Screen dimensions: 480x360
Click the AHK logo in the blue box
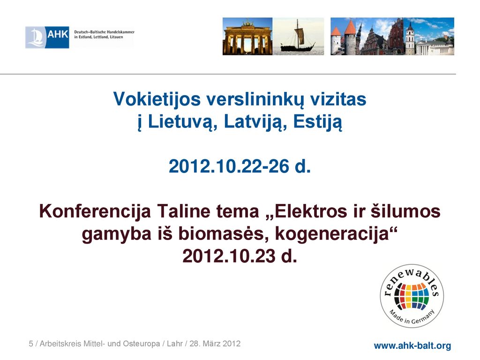47,37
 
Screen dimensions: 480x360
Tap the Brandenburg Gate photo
247,37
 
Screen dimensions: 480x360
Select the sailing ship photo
298,37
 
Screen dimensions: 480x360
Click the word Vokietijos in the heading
157,99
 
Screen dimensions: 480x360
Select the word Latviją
255,122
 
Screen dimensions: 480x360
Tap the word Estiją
317,122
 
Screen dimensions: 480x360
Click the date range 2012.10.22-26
229,166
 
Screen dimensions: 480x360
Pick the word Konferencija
95,212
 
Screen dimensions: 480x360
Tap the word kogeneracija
331,234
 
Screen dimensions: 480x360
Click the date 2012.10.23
229,256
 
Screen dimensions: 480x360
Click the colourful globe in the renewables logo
412,296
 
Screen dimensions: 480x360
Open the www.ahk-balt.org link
412,345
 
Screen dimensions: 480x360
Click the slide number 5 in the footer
31,344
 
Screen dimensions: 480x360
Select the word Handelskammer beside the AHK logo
120,32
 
